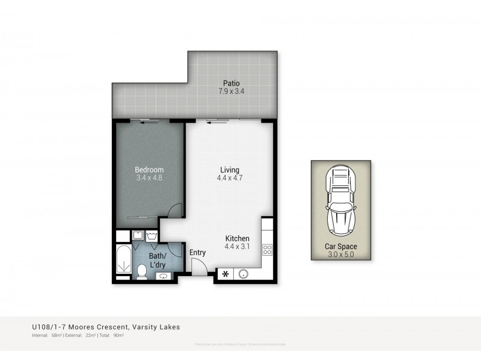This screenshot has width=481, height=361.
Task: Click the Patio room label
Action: (231, 83)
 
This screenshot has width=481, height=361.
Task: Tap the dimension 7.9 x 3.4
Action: (231, 91)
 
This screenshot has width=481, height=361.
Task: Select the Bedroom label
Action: (149, 170)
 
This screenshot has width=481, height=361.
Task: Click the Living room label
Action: (229, 170)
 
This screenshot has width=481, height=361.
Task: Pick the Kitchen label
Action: (237, 238)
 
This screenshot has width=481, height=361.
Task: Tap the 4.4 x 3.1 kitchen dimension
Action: (237, 247)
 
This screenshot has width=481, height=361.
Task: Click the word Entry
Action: (197, 253)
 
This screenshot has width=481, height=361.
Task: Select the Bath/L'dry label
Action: (159, 259)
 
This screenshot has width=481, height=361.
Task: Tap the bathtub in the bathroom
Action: (123, 261)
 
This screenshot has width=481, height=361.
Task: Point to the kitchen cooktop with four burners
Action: (268, 250)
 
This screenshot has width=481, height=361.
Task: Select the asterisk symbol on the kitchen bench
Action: (225, 274)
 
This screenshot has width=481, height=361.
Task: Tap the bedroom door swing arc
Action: (174, 211)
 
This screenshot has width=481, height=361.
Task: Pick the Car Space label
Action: (340, 247)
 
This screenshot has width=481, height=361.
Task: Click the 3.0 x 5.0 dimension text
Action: (340, 255)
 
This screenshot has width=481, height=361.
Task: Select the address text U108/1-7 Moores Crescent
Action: (106, 327)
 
